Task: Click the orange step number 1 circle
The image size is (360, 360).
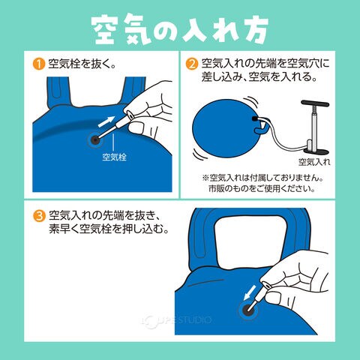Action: pyautogui.click(x=39, y=64)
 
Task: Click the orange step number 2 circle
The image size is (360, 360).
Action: pyautogui.click(x=192, y=64)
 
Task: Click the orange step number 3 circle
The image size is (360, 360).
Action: pyautogui.click(x=39, y=216)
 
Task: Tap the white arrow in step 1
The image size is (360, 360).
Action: pyautogui.click(x=106, y=121)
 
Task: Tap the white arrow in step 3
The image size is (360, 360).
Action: pyautogui.click(x=250, y=292)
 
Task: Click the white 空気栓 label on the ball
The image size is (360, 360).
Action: pyautogui.click(x=114, y=157)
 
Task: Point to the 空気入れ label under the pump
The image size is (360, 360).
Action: pyautogui.click(x=314, y=162)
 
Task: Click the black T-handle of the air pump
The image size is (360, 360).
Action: pyautogui.click(x=315, y=103)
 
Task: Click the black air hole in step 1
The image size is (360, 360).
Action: pyautogui.click(x=95, y=140)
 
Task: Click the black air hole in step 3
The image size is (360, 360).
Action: pyautogui.click(x=248, y=310)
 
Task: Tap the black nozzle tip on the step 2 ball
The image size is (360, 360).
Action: pyautogui.click(x=255, y=118)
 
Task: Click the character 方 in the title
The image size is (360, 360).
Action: pyautogui.click(x=253, y=29)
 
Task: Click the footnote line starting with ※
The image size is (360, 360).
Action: pyautogui.click(x=262, y=178)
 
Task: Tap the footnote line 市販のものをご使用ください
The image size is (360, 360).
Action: pyautogui.click(x=262, y=188)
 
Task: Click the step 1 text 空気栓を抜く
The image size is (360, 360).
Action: pyautogui.click(x=82, y=64)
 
